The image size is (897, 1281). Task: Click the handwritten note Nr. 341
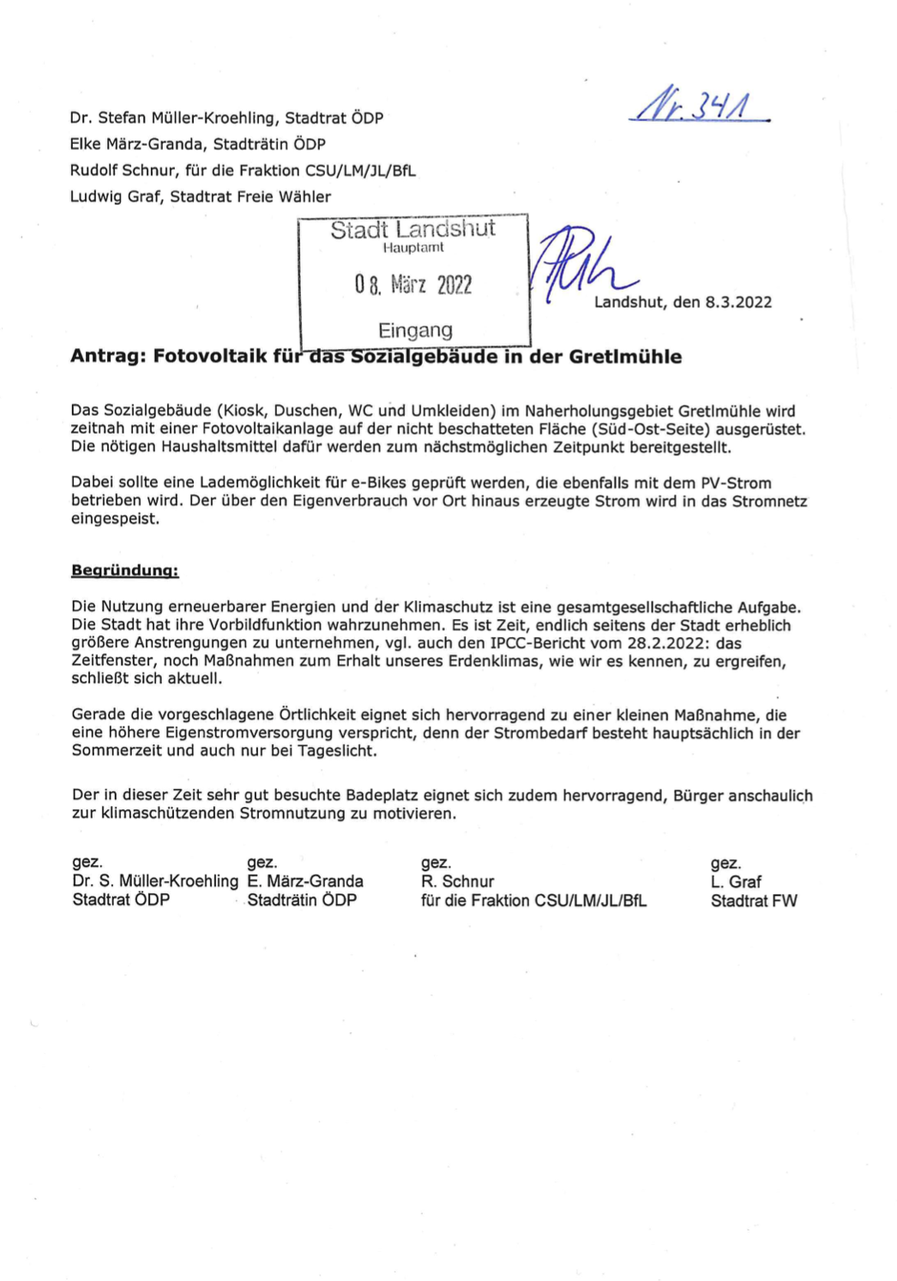pos(699,106)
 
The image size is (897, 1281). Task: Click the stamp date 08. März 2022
pos(413,285)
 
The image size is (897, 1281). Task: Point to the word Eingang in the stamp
pos(415,330)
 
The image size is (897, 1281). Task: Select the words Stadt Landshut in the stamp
pos(412,229)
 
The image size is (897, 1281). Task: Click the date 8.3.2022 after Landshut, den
pos(738,302)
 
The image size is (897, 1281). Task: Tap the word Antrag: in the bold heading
pos(108,357)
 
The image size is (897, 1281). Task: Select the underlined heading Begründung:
pos(125,570)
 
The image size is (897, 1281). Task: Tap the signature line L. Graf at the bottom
pos(736,881)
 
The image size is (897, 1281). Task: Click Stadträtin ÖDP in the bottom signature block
pos(302,900)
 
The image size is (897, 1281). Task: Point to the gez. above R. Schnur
pos(436,863)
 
